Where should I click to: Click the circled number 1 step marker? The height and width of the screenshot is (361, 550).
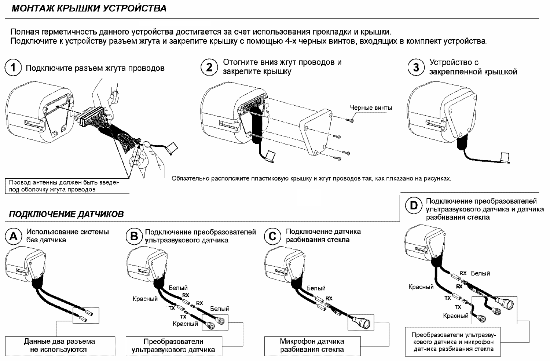[13, 68]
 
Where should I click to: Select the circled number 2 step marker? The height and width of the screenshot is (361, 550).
[209, 68]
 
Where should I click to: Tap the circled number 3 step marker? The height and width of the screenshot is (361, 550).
[416, 68]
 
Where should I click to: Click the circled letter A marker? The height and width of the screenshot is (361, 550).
[14, 237]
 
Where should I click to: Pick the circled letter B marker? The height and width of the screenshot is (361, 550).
[134, 237]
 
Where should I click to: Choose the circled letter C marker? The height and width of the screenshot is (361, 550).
[272, 237]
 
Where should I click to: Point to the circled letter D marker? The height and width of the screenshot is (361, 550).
[413, 205]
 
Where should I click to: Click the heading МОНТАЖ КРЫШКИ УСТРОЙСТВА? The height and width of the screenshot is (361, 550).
[89, 8]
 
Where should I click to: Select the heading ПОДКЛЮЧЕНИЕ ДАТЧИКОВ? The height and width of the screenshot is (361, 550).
[66, 214]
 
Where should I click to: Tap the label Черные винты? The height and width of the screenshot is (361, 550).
[371, 108]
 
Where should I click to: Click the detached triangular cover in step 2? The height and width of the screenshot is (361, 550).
[316, 132]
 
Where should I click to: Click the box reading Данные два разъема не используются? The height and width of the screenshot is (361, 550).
[59, 346]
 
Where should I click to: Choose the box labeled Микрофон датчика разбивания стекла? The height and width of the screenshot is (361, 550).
[312, 346]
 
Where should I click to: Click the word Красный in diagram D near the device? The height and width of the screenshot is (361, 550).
[421, 287]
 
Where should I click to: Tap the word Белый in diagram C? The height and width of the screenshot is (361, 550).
[316, 288]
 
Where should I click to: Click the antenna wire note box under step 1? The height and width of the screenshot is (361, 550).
[64, 186]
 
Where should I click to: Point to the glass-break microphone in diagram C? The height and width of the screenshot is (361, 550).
[361, 322]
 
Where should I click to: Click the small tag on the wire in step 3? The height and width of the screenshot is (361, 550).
[504, 158]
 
